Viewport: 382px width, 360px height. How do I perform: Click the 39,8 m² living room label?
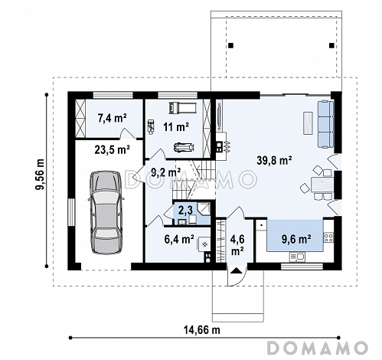point(274,161)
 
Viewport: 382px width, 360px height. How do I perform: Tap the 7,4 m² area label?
point(113,118)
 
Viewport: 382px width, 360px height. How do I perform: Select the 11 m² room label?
point(176,126)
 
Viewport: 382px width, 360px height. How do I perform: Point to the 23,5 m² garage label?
point(113,149)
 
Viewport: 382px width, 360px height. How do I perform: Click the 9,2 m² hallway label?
point(166,172)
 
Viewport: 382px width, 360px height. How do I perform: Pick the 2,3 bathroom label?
point(185,211)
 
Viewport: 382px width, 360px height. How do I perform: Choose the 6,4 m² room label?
point(179,239)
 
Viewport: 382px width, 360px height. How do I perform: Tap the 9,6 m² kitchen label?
point(296,239)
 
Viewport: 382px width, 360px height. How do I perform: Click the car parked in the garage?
point(106,212)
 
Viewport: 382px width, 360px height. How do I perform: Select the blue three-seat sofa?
point(325,124)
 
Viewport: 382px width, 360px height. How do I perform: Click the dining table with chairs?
point(319,183)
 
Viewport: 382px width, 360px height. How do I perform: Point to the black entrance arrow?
point(236,270)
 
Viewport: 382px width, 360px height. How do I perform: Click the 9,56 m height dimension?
point(40,175)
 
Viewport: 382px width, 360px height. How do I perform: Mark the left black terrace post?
point(230,45)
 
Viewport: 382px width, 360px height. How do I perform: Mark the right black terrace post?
point(331,45)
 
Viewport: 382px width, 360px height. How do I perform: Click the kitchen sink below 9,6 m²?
point(297,257)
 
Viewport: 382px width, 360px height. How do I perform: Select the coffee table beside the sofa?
point(309,123)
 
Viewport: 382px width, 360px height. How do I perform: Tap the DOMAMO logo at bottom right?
point(318,348)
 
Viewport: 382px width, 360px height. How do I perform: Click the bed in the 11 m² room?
point(182,107)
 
